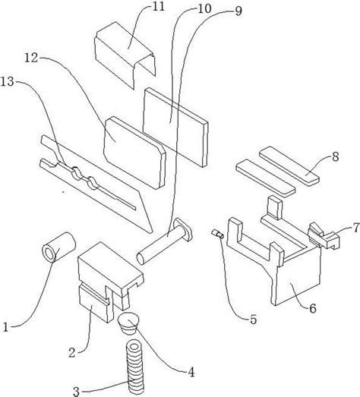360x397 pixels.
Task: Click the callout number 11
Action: (159, 7)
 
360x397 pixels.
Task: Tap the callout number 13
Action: (7, 82)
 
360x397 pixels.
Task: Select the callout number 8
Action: (335, 157)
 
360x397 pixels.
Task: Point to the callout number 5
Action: (254, 320)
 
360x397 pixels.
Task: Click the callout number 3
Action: (76, 392)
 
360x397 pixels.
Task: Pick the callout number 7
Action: (356, 228)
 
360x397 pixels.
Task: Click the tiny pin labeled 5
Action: (218, 234)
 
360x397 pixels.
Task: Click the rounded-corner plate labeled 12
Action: (134, 152)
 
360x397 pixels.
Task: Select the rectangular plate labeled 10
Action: (175, 127)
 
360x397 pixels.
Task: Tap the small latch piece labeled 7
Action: (324, 236)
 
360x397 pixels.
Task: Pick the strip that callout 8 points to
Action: (289, 165)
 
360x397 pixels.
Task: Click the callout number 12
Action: (31, 58)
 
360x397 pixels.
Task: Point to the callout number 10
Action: (204, 9)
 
